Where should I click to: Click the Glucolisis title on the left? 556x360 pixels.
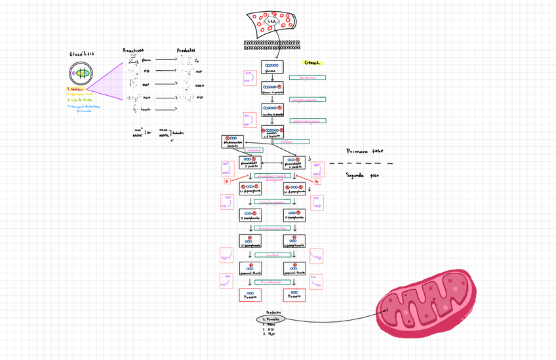pos(82,54)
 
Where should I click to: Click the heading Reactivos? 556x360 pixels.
pos(134,50)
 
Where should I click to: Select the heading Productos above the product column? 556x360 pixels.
pos(186,50)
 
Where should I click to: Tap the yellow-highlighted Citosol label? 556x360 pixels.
pos(312,63)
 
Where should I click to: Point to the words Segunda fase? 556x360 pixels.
pos(362,175)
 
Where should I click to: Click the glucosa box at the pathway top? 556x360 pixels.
pos(271,68)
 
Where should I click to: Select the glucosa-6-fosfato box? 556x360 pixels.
pos(271,88)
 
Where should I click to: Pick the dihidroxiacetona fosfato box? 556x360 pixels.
pos(233,141)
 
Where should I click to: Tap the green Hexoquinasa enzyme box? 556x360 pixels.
pos(308,77)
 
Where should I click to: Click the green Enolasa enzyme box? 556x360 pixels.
pos(273,254)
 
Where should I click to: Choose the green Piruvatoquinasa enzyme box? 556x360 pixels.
pos(271,281)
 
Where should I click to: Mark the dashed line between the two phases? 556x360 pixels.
pos(361,163)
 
